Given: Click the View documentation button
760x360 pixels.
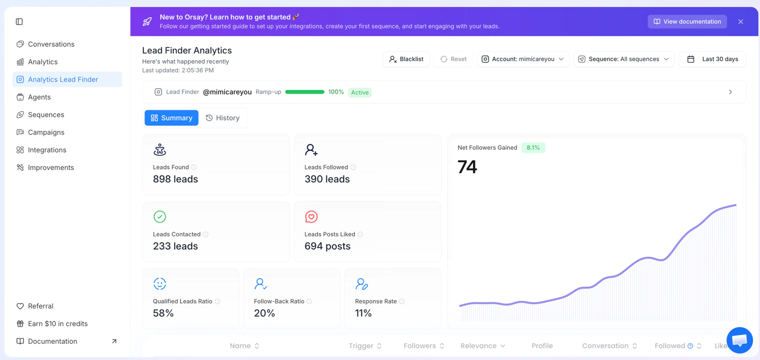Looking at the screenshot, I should (x=687, y=22).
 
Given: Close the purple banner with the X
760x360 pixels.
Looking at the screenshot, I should (x=740, y=22).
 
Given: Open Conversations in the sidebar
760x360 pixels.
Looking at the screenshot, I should (x=51, y=44).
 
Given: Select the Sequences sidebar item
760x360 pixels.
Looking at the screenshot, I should (x=46, y=115).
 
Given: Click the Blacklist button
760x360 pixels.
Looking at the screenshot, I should (x=406, y=59).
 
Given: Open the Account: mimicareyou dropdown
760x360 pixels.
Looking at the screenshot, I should (x=523, y=59).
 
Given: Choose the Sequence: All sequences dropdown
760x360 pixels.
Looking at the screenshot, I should (x=624, y=59).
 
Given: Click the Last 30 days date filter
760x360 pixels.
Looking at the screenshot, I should (x=713, y=59).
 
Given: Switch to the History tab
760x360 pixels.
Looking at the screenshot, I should (x=223, y=118).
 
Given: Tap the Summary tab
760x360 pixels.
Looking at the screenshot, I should (x=172, y=118).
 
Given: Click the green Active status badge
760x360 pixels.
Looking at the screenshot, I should (x=360, y=93).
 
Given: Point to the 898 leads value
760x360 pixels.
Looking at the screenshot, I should (x=175, y=179).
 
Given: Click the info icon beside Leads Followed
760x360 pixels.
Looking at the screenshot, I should (x=353, y=168).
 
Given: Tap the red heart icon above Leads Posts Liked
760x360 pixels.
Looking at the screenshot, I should (x=311, y=216).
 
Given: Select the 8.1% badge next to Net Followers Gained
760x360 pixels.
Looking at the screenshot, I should (x=533, y=148).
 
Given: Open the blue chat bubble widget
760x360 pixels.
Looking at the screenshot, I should (x=739, y=340).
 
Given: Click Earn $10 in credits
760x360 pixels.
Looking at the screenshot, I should (x=58, y=324).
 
